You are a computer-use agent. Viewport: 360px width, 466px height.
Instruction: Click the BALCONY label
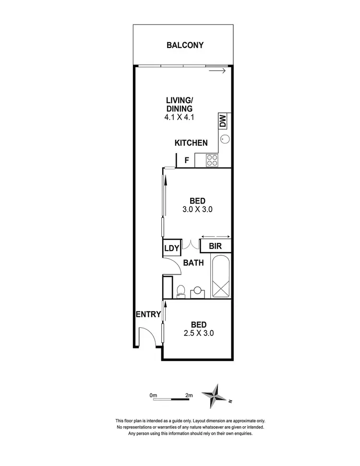185,46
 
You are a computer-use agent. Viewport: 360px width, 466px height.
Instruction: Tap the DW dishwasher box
223,121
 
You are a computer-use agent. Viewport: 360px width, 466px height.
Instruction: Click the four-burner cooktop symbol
212,160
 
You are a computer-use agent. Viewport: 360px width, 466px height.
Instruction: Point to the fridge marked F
187,160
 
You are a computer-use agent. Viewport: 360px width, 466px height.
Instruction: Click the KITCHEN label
191,143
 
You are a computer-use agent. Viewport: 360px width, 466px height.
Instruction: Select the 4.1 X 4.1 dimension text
179,117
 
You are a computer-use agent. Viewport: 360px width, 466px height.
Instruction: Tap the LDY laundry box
171,248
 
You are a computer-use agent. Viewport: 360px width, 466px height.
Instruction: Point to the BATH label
193,263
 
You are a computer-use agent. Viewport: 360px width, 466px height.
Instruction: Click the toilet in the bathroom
180,291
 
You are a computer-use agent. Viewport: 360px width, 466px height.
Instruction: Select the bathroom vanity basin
197,292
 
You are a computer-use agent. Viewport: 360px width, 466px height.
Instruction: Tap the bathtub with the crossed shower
222,276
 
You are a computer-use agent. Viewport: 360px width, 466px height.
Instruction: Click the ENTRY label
148,314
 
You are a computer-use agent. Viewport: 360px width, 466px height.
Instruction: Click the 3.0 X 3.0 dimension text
197,209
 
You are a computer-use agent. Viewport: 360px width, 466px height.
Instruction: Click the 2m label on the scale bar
189,395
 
